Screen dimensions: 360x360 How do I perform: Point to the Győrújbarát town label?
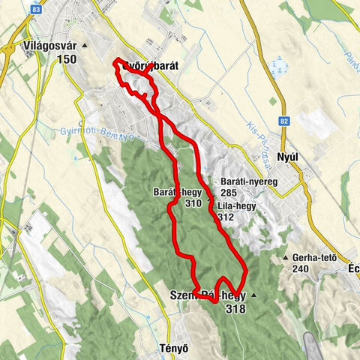(150, 65)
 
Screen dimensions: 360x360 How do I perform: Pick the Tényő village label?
(172, 348)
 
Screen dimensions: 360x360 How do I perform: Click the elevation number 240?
(301, 270)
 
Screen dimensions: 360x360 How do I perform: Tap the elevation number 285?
(229, 193)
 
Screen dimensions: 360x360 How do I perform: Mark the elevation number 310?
(193, 202)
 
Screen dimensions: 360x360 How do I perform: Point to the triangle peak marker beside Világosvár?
(85, 46)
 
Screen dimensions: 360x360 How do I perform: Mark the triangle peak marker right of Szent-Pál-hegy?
(253, 295)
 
